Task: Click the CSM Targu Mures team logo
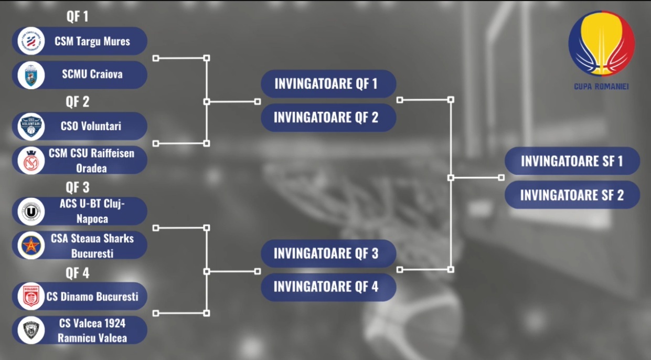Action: [31, 41]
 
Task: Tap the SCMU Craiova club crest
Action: [31, 75]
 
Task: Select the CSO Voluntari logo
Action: [31, 126]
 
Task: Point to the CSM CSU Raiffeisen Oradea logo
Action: [31, 160]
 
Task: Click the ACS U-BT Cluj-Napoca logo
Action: [31, 211]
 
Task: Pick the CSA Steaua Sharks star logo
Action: [31, 246]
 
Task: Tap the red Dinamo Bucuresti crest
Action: [31, 297]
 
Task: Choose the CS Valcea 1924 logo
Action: [31, 330]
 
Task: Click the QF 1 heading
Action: [77, 16]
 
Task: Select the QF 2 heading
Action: [77, 101]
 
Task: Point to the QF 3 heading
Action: [77, 187]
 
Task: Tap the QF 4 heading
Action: [77, 273]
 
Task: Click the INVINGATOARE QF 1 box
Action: [328, 84]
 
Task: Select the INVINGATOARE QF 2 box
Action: [328, 118]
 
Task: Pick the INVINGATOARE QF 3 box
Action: [328, 253]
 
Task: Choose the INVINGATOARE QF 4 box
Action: [328, 287]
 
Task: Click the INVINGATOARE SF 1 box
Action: [572, 161]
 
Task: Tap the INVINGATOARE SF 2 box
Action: [572, 195]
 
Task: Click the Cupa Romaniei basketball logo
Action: [601, 44]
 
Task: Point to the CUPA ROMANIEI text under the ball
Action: [601, 87]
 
